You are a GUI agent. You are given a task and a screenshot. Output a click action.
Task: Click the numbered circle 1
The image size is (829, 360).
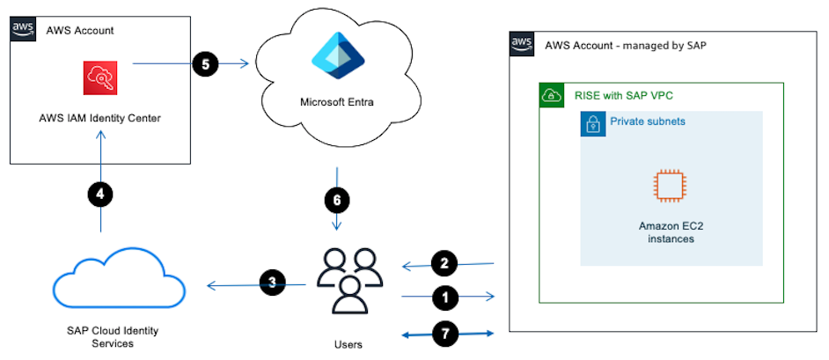pos(447,298)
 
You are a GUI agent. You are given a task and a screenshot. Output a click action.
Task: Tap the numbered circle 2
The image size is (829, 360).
pos(445,262)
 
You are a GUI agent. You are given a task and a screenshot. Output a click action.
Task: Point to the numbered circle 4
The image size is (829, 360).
pos(101,195)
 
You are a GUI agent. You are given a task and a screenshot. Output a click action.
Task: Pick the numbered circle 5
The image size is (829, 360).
pos(204,65)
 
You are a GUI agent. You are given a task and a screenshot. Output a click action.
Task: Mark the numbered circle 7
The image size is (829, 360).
pos(447,334)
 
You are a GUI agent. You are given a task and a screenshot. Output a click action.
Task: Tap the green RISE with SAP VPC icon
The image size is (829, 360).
pos(552,97)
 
